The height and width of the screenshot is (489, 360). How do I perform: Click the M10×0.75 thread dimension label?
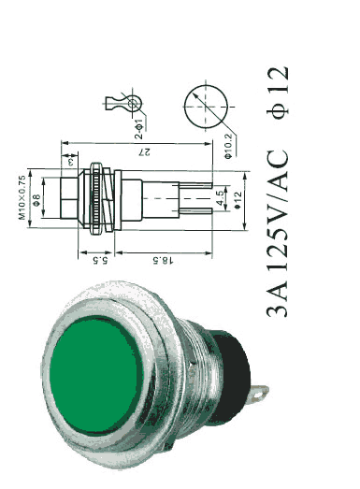point(22,197)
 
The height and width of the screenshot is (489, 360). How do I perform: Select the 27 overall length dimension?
point(145,151)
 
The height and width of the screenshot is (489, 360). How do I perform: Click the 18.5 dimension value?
point(163,260)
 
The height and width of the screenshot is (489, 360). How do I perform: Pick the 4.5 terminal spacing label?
point(221,197)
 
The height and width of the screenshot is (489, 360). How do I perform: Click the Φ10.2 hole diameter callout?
point(228,146)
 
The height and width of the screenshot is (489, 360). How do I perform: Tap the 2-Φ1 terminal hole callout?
point(138,129)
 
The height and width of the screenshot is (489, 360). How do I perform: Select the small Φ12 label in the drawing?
point(238,200)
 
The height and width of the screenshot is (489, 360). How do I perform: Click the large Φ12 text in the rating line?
point(278,93)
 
